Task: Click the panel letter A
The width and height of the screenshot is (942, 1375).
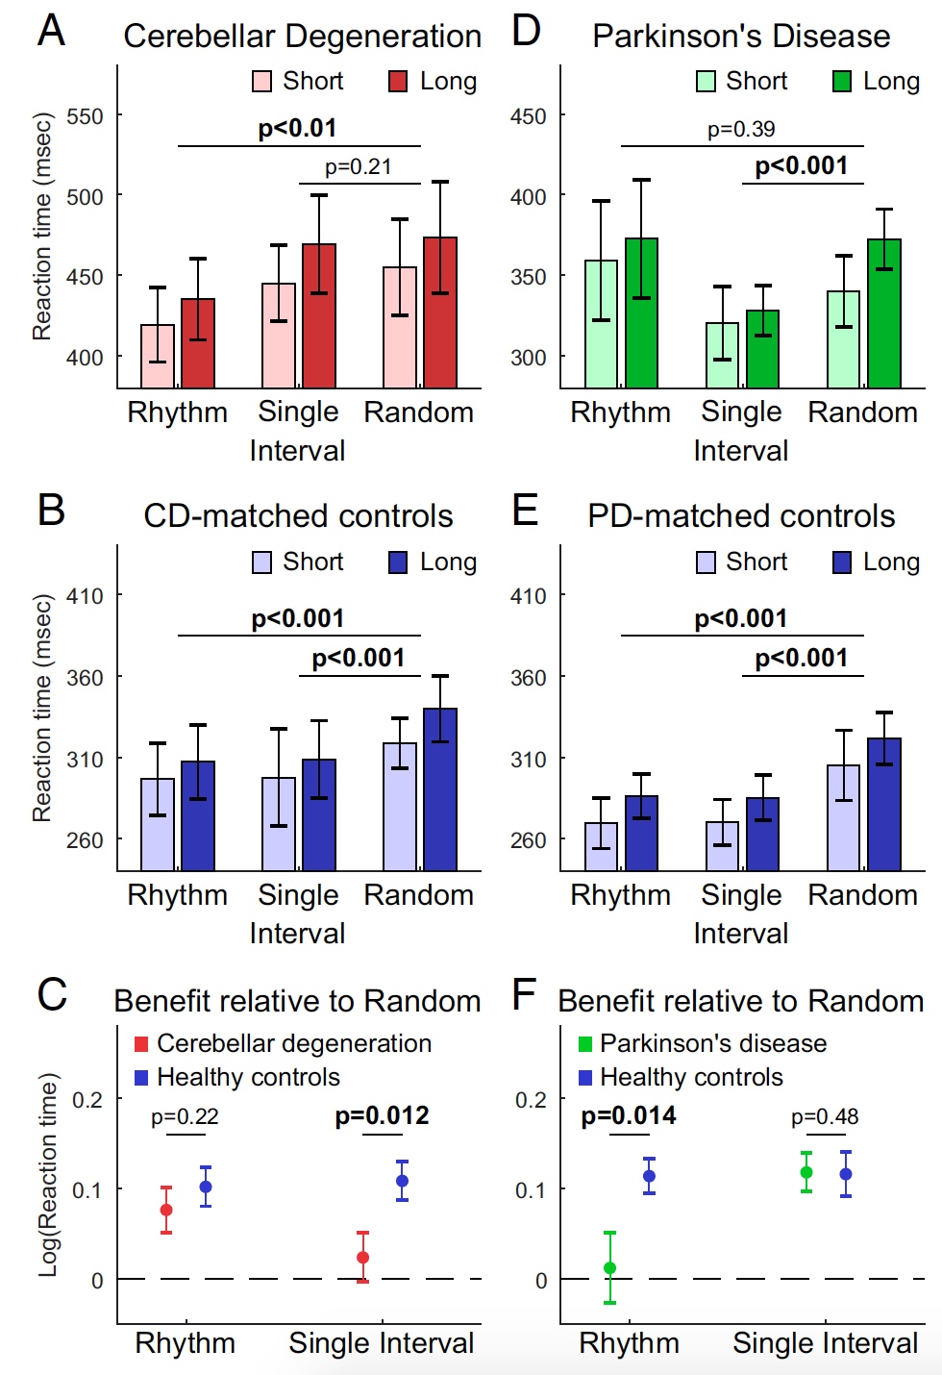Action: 51,31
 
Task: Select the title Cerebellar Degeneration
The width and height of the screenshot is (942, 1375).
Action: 302,37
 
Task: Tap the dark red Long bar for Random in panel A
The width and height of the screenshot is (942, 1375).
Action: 440,312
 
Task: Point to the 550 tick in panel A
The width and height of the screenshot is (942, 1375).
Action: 85,116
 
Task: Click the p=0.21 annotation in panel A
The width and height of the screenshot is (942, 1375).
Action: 358,167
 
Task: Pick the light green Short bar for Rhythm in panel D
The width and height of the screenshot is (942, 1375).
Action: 601,324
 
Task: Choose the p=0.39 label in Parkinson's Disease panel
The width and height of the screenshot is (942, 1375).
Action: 741,130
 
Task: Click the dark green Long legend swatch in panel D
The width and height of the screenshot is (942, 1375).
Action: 842,82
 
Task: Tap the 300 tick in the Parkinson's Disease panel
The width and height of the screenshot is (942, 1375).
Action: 528,358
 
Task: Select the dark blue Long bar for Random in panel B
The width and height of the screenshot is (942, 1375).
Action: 440,789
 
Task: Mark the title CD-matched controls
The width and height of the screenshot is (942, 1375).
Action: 298,516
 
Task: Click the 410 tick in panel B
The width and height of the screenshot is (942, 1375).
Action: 85,596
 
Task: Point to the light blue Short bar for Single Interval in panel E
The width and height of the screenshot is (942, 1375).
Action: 722,846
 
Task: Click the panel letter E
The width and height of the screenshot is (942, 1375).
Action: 525,510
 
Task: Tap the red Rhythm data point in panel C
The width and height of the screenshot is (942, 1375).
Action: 166,1210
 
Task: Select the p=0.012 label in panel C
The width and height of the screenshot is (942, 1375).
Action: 382,1116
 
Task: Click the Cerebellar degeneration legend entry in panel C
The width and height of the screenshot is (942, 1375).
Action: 293,1043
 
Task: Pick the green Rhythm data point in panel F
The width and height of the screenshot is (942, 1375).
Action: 609,1267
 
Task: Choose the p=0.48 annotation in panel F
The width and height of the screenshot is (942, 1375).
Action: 825,1117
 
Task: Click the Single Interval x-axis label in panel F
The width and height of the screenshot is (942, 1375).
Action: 825,1343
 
